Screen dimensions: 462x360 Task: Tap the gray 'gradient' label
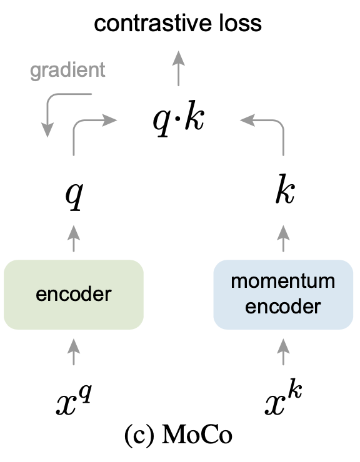tap(67, 70)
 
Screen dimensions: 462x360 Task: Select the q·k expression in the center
tap(179, 119)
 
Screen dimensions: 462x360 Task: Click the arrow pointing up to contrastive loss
tap(179, 67)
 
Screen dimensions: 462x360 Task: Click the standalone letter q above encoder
tap(74, 195)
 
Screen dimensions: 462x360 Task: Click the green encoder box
tap(74, 294)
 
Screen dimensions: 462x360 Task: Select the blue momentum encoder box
tap(283, 294)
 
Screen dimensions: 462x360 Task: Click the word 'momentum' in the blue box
tap(283, 282)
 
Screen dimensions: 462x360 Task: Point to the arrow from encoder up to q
tap(74, 237)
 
